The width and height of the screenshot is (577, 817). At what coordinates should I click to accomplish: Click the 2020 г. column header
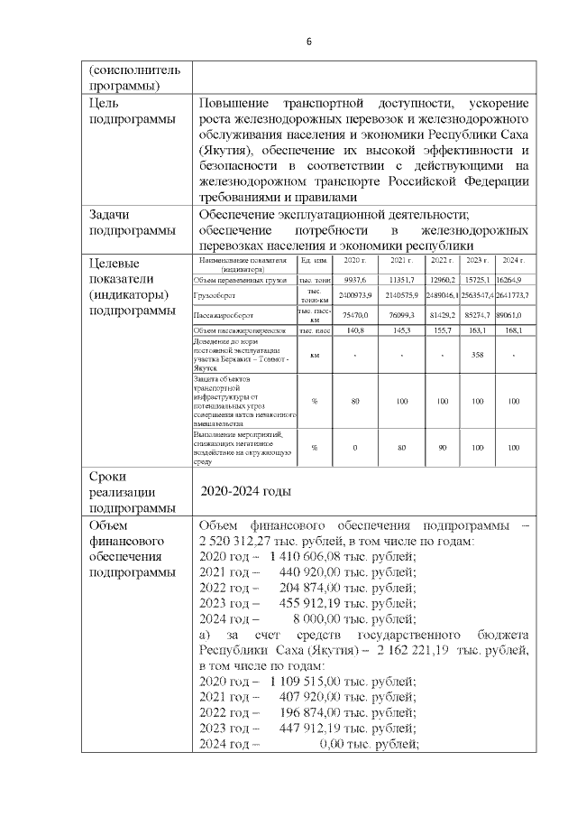coord(345,261)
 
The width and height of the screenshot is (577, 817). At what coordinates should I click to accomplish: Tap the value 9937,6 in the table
coord(345,280)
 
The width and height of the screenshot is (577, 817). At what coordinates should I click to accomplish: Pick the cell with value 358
coord(478,355)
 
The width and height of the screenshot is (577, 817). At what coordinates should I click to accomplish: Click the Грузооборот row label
coord(215,295)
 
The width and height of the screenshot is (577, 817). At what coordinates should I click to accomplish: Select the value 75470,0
coord(345,317)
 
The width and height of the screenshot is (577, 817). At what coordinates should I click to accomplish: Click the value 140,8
coord(345,331)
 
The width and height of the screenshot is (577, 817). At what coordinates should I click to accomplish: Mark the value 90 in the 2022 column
coord(442,447)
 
